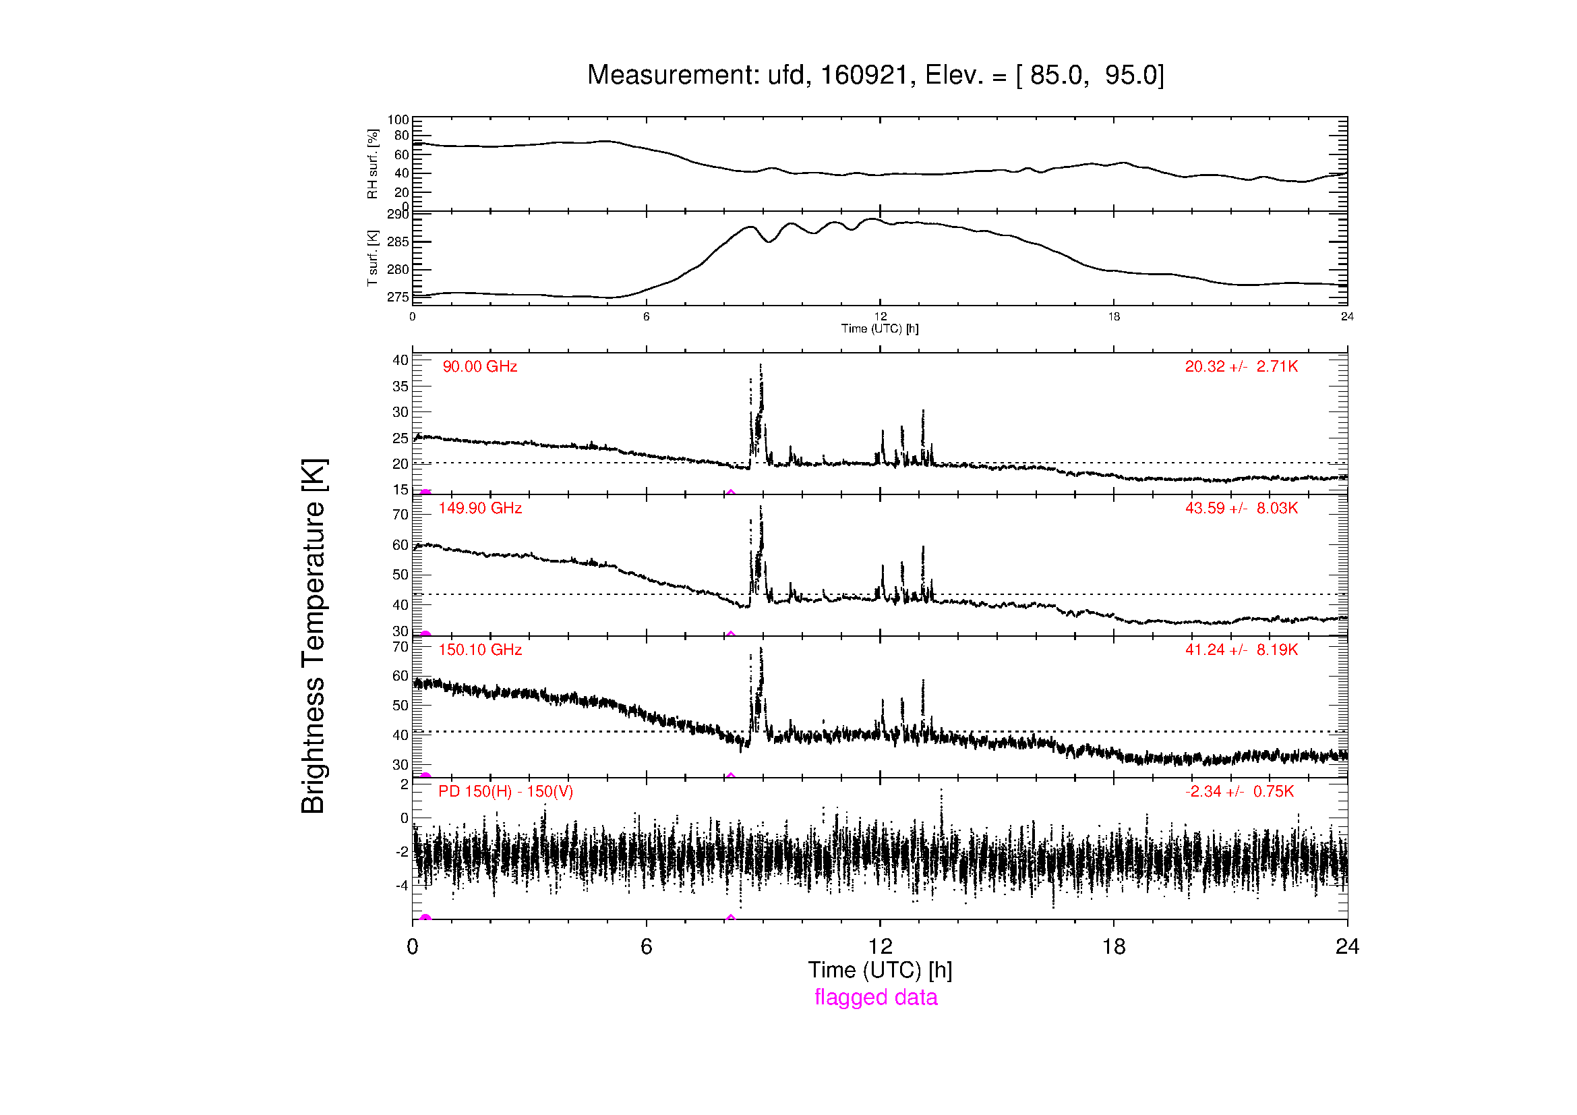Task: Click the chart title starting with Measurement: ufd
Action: tap(876, 76)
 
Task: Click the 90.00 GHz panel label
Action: tap(480, 367)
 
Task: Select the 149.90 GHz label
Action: tap(480, 509)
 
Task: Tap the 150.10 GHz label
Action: tap(480, 650)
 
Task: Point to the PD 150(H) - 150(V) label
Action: tap(506, 791)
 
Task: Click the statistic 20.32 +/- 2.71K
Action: tap(1242, 367)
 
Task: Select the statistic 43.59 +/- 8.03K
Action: tap(1242, 509)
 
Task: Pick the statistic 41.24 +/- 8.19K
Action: tap(1242, 650)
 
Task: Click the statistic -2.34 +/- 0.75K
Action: tap(1240, 791)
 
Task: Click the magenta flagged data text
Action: tap(876, 997)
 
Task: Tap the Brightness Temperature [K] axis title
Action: tap(314, 636)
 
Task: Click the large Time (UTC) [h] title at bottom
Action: tap(880, 970)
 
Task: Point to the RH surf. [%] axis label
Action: tap(373, 163)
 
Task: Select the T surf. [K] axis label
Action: tap(373, 258)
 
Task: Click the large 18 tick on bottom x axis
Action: tap(1113, 946)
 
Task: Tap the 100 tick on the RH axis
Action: tap(398, 120)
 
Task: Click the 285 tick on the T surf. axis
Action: tap(398, 242)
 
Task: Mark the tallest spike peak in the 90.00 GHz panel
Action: tap(761, 365)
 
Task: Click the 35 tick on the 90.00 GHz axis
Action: tap(400, 386)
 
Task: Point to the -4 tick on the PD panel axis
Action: tap(402, 885)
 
